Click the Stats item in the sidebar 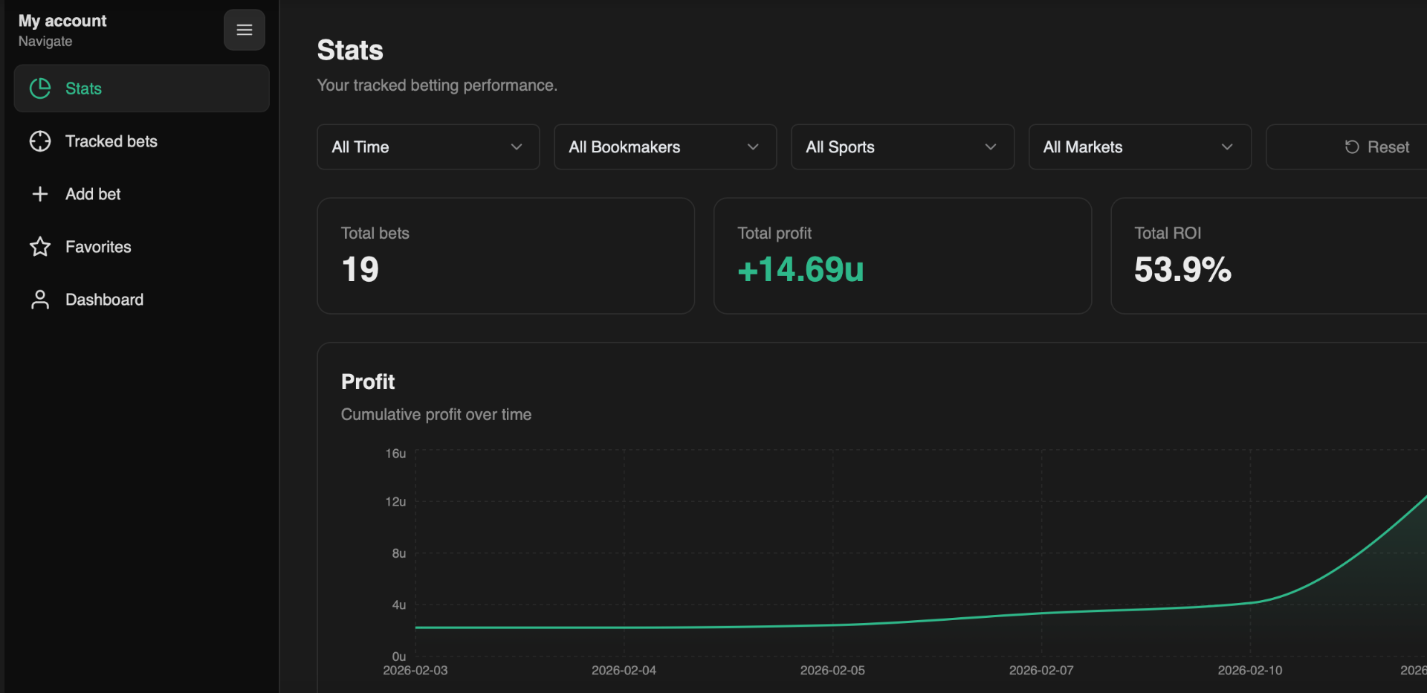[141, 88]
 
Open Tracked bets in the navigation [111, 141]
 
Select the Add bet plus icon [40, 194]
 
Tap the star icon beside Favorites [40, 247]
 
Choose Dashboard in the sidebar [104, 300]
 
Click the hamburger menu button [245, 30]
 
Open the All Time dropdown [428, 147]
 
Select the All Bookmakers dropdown [665, 147]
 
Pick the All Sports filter [902, 147]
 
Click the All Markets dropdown [1139, 147]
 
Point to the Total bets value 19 [360, 269]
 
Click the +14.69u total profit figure [800, 269]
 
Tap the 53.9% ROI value [1182, 269]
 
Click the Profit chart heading [368, 381]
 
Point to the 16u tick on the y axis [395, 454]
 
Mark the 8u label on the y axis [399, 553]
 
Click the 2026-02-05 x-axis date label [832, 671]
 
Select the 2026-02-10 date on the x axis [1249, 671]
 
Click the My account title [62, 21]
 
